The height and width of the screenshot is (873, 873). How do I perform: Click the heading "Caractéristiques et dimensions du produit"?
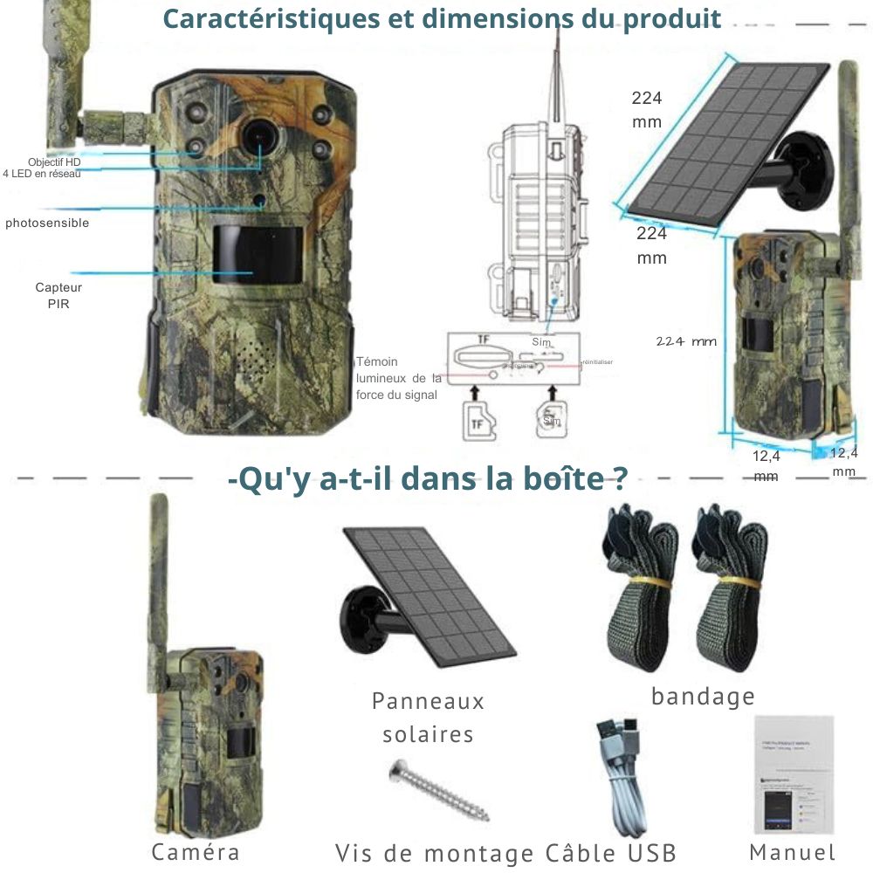(x=442, y=19)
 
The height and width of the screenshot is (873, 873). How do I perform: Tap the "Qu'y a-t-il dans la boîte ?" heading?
(x=427, y=479)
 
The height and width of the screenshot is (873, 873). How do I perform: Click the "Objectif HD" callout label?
(x=54, y=162)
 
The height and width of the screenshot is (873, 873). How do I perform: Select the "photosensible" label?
(x=47, y=223)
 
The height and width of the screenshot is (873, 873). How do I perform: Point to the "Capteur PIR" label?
(x=52, y=295)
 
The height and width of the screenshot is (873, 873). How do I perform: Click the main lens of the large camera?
(x=259, y=134)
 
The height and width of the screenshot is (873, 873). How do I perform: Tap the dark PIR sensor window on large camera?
(x=258, y=254)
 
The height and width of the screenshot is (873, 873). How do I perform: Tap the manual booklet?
(x=793, y=776)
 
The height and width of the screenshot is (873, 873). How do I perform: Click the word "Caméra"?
(x=195, y=852)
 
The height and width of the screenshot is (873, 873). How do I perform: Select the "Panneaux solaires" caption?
(x=428, y=717)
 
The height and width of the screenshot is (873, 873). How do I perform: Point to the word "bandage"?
(x=703, y=697)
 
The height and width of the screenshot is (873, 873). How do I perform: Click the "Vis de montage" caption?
(x=435, y=853)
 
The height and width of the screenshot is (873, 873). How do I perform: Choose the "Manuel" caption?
(x=793, y=852)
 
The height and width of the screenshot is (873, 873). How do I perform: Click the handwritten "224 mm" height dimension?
(x=686, y=341)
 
